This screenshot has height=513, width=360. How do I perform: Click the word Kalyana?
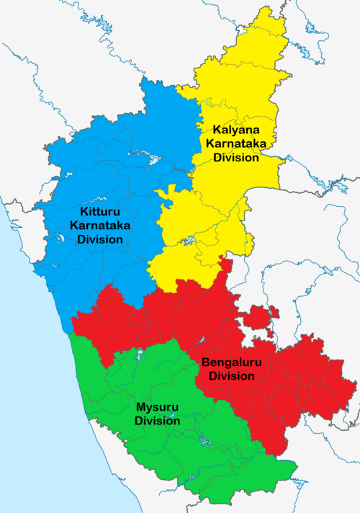[231, 130]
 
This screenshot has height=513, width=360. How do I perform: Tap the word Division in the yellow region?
[234, 158]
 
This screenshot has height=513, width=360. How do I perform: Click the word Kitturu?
[101, 212]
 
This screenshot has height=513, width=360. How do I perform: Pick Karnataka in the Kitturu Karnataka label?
[101, 226]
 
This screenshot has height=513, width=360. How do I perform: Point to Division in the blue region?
[101, 239]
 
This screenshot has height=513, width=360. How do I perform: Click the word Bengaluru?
[228, 362]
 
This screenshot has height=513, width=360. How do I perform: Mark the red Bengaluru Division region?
[288, 389]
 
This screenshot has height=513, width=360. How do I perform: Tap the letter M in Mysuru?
[140, 407]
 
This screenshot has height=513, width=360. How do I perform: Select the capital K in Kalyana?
[215, 130]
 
